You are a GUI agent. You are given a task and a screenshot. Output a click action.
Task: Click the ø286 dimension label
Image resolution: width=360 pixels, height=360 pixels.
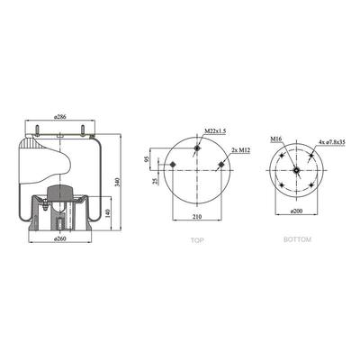[60, 117]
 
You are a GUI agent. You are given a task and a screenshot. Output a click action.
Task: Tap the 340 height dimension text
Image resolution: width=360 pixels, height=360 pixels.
[117, 182]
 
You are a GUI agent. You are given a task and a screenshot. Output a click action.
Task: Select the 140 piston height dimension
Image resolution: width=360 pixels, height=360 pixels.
[108, 213]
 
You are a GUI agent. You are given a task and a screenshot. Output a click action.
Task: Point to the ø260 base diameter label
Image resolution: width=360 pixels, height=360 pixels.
[60, 238]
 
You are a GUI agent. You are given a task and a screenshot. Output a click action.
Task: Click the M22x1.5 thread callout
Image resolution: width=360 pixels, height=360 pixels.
[215, 131]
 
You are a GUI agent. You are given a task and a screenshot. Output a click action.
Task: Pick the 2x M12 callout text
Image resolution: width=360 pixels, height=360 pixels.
[241, 150]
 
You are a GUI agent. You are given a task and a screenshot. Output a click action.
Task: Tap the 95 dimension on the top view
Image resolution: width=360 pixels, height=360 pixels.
[147, 159]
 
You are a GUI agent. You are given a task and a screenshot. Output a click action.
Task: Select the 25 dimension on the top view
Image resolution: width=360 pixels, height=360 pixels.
[156, 182]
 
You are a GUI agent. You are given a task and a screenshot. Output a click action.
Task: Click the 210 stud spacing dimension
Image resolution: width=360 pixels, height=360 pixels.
[197, 216]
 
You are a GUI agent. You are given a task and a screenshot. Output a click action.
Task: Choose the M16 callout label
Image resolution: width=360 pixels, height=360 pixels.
[275, 139]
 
